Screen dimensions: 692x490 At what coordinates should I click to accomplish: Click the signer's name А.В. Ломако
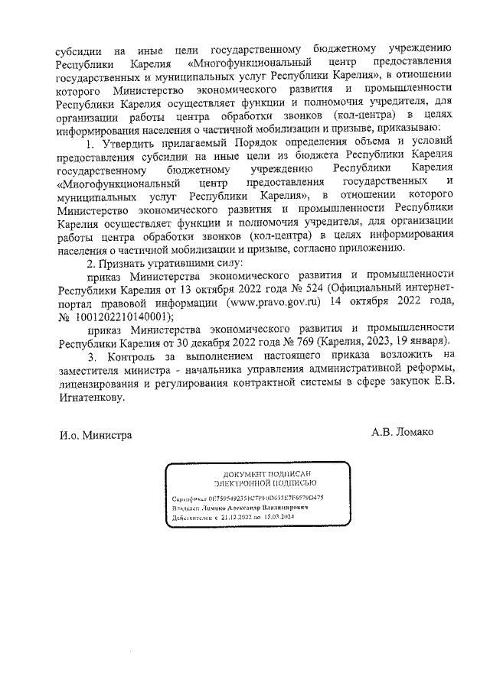click(402, 432)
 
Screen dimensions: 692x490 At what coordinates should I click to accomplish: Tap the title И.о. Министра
click(96, 435)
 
